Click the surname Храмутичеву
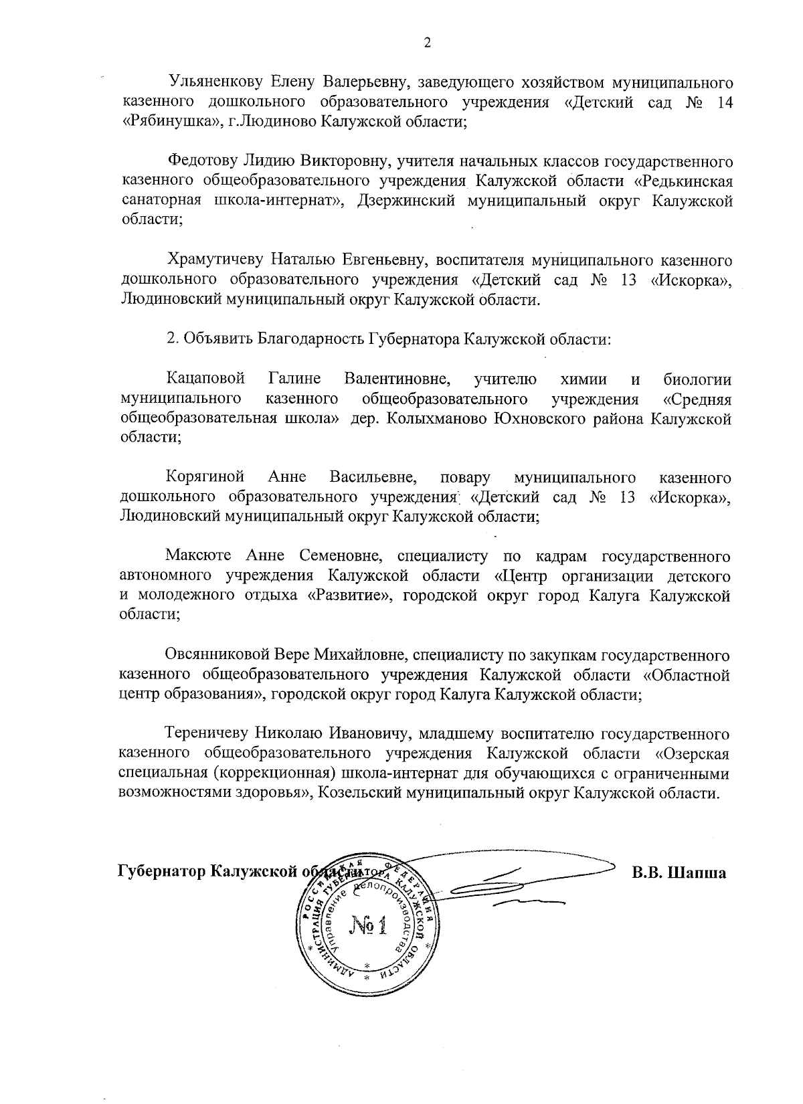214,260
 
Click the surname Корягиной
205,477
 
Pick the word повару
465,477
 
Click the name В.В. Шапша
680,872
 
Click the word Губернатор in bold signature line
161,872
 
